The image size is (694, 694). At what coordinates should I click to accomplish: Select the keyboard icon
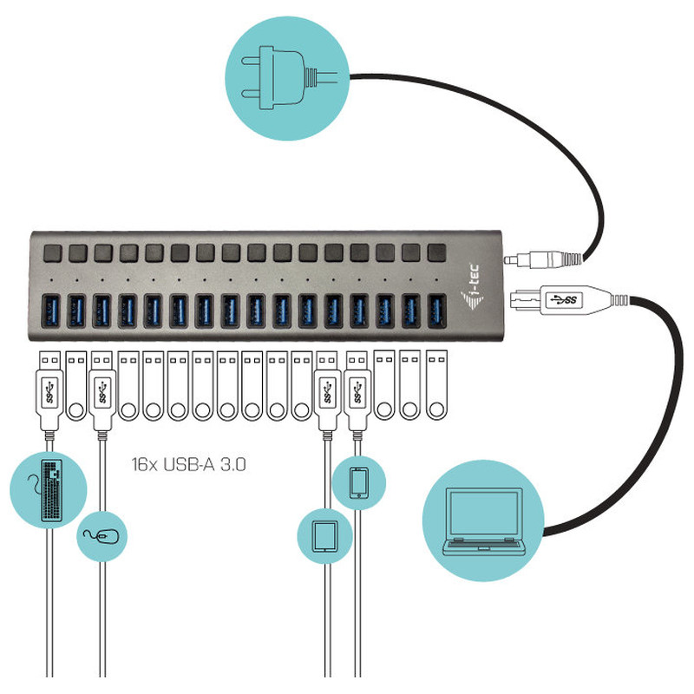pyautogui.click(x=51, y=490)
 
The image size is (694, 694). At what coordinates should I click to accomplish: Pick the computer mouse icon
pyautogui.click(x=101, y=536)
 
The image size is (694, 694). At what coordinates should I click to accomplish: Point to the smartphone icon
pyautogui.click(x=358, y=483)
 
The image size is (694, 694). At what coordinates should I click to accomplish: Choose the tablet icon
pyautogui.click(x=324, y=536)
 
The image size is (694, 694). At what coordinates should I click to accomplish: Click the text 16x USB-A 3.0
pyautogui.click(x=188, y=465)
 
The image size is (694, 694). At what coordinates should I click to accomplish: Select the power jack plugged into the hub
pyautogui.click(x=543, y=259)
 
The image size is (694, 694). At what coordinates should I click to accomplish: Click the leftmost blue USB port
pyautogui.click(x=51, y=311)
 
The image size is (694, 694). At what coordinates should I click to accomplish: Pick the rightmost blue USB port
pyautogui.click(x=437, y=311)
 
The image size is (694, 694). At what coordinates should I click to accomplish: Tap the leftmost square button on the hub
pyautogui.click(x=53, y=253)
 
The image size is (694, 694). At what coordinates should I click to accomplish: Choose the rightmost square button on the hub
pyautogui.click(x=437, y=252)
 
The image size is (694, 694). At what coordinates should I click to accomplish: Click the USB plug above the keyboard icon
pyautogui.click(x=49, y=390)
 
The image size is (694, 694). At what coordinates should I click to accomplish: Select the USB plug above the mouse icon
pyautogui.click(x=102, y=390)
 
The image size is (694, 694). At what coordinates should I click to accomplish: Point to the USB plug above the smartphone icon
pyautogui.click(x=357, y=390)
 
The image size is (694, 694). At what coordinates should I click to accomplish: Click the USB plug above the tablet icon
pyautogui.click(x=327, y=390)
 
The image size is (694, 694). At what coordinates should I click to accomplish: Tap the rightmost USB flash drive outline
pyautogui.click(x=436, y=384)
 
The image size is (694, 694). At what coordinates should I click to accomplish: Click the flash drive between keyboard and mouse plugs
pyautogui.click(x=76, y=385)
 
